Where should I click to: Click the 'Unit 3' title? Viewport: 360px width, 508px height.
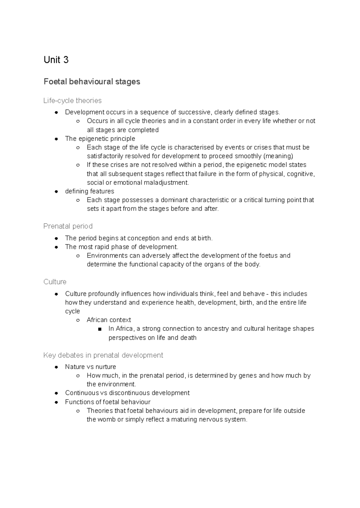[x=56, y=60]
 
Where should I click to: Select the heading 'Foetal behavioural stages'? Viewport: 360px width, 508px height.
[x=92, y=82]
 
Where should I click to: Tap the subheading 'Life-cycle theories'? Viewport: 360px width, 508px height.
[x=72, y=100]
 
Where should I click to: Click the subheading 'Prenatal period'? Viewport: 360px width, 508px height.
[x=68, y=226]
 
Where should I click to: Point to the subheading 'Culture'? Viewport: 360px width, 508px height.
[x=55, y=282]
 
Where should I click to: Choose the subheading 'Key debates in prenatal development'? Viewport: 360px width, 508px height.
[x=103, y=355]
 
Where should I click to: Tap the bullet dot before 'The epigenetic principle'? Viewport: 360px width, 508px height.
[x=56, y=139]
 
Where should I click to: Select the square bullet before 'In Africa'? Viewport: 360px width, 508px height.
[x=100, y=329]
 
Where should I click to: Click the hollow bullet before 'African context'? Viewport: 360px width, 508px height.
[x=78, y=320]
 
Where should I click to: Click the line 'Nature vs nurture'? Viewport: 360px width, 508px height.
[x=90, y=367]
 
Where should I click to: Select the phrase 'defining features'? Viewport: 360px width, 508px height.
[x=89, y=191]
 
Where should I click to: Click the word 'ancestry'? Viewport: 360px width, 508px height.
[x=216, y=329]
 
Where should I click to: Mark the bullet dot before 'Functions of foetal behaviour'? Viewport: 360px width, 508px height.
[x=56, y=402]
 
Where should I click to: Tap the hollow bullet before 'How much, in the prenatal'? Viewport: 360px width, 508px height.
[x=78, y=376]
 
